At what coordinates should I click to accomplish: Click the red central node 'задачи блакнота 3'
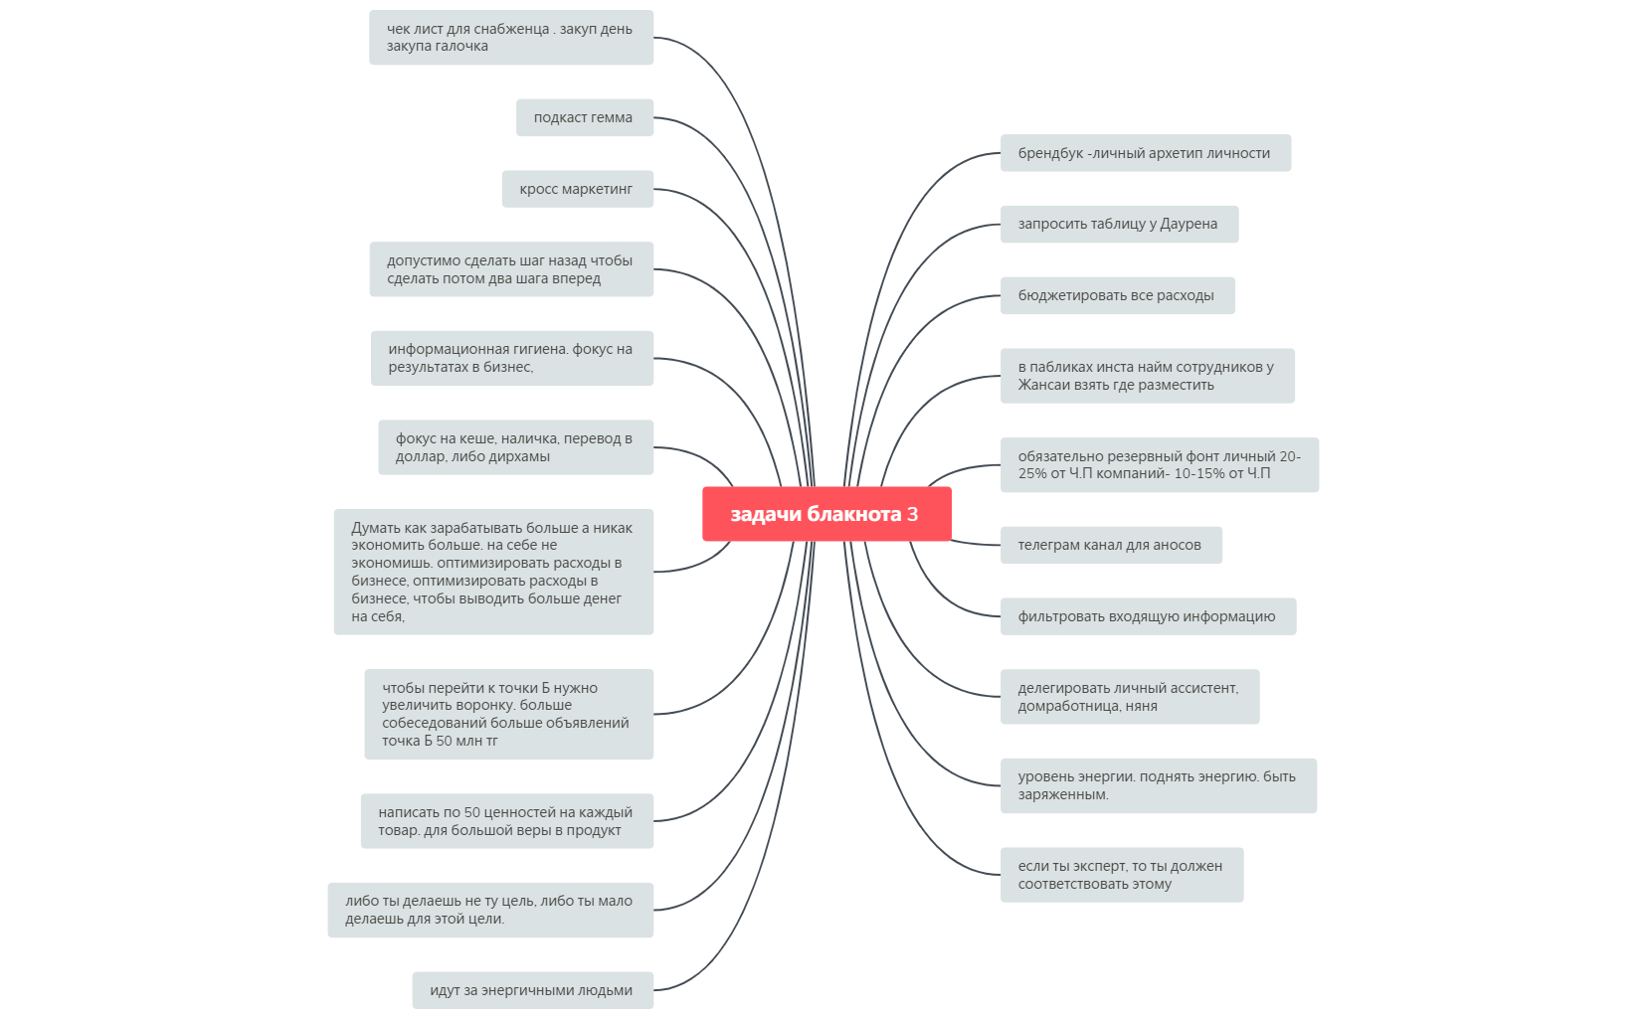pos(826,514)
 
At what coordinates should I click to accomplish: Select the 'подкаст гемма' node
pos(585,117)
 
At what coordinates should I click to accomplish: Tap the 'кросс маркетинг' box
pos(578,189)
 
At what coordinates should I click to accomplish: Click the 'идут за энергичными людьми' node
pos(532,990)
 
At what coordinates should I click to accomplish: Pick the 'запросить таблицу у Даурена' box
pos(1119,225)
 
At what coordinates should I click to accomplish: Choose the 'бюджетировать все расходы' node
pos(1118,295)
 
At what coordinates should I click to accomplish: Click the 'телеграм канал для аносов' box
pos(1111,545)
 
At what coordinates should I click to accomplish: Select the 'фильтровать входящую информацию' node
pos(1149,616)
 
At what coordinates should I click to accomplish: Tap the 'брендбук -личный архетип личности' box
pos(1146,153)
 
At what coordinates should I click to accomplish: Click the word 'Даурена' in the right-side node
pos(1189,225)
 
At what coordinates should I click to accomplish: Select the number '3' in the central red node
pos(912,514)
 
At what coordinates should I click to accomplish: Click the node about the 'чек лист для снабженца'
pos(511,38)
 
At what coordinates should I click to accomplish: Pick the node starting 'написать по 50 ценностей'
pos(507,821)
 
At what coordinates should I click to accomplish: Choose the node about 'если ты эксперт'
pos(1122,875)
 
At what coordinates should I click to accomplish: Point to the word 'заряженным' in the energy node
pos(1063,794)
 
